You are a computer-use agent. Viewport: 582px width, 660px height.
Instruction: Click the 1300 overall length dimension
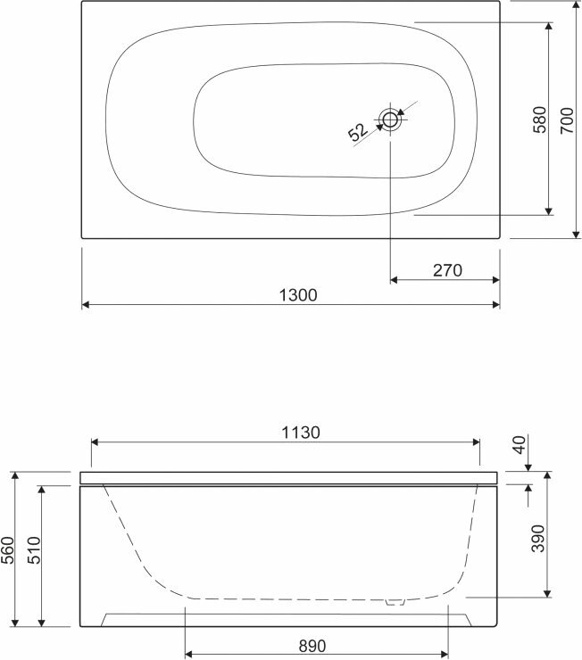(298, 295)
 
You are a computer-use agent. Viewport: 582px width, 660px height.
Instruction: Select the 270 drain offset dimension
(447, 270)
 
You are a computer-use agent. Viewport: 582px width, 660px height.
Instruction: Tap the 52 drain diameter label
(358, 131)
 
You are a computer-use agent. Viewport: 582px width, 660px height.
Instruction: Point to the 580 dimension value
(539, 120)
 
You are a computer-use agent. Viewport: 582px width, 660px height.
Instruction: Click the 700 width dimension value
(567, 120)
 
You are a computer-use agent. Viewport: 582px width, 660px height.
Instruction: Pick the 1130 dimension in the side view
(301, 433)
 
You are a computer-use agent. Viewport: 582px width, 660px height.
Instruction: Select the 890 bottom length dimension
(312, 646)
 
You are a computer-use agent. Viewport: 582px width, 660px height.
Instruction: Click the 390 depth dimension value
(537, 539)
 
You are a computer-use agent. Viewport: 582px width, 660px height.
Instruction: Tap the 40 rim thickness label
(520, 445)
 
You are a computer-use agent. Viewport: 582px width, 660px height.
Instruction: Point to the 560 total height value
(8, 550)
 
